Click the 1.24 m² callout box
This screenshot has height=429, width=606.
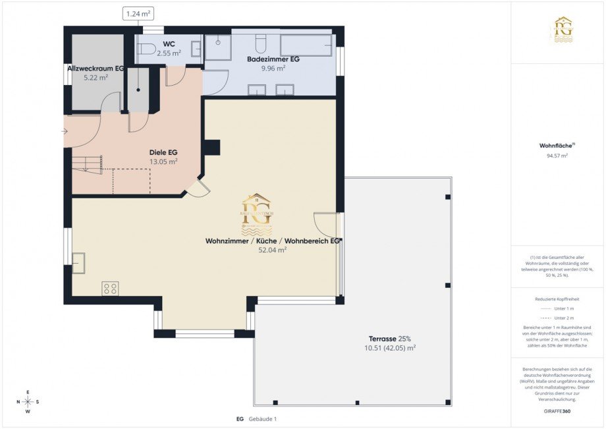(138, 13)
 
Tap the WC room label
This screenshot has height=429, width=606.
(169, 44)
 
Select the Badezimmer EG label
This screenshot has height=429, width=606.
(273, 59)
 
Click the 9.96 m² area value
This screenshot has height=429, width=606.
(273, 68)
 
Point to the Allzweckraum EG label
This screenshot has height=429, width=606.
(96, 69)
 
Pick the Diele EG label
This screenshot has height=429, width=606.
(163, 152)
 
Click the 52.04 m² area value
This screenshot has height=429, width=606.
(272, 250)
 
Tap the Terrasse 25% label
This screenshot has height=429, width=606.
(391, 338)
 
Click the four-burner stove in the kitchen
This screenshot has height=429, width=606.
(110, 288)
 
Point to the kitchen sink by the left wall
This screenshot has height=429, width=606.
(78, 263)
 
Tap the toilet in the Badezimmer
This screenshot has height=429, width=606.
(260, 43)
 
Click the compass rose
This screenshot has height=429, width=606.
(28, 401)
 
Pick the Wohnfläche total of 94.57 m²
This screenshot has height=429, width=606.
(557, 156)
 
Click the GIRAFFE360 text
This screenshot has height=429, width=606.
(557, 410)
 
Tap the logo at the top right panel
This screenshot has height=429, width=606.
(563, 30)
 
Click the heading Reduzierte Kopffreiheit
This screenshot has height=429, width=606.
(557, 299)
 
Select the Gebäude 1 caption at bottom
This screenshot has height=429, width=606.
(262, 419)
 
